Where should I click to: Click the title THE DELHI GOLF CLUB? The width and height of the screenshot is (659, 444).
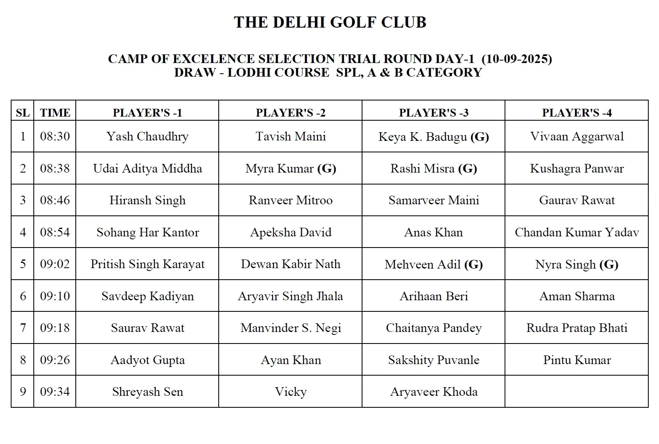coord(330,22)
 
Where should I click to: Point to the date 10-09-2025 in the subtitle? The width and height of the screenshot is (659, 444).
coord(516,59)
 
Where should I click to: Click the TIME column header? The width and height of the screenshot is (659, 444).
coord(55,113)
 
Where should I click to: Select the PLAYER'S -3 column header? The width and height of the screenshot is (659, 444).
coord(433,113)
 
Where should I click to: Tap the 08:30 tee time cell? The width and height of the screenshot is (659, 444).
coord(55,136)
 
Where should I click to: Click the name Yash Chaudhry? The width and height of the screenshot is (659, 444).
coord(147,136)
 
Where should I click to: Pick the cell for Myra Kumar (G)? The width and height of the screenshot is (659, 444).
coord(290,168)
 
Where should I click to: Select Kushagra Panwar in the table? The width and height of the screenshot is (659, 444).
coord(577,168)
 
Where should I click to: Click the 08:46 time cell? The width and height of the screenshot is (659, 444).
coord(55,200)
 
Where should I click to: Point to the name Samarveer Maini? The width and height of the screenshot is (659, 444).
coord(433,200)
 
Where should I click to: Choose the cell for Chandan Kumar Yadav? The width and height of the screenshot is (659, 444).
coord(577,232)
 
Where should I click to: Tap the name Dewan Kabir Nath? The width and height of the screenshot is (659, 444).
coord(290,264)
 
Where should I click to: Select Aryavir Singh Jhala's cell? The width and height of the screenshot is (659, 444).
coord(290,296)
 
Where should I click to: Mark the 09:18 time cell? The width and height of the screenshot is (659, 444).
coord(55,328)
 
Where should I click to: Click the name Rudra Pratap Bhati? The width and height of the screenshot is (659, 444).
coord(577,328)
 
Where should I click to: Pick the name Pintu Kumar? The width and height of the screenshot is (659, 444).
coord(577,360)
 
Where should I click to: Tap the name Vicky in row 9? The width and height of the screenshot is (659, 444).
coord(290,392)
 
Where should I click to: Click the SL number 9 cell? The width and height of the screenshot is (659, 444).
coord(23,392)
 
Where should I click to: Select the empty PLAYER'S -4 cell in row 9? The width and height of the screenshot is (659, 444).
coord(577,392)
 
